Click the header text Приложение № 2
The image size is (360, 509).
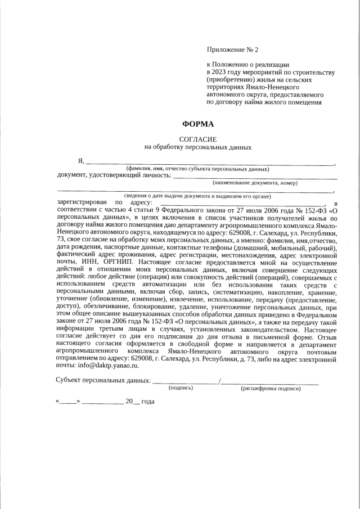pos(234,50)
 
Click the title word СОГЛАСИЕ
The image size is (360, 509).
pos(197,139)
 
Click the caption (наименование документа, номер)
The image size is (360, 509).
pos(255,183)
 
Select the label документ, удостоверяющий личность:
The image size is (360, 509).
pos(114,175)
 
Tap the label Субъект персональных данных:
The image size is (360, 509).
pos(103,381)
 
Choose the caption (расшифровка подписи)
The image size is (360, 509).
pos(271,388)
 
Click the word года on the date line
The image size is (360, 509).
pos(147,402)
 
